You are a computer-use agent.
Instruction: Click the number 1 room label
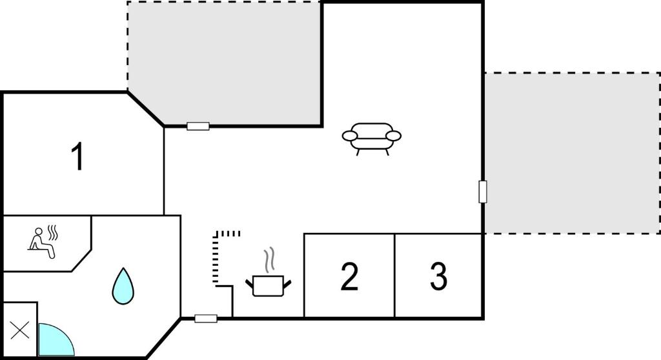(78, 156)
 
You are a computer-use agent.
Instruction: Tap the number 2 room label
(349, 277)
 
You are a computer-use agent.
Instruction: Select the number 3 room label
(438, 277)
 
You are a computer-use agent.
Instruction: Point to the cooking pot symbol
(268, 286)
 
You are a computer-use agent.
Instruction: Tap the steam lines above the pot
(269, 259)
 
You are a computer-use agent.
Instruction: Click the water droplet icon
(123, 286)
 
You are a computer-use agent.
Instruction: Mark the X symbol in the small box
(20, 330)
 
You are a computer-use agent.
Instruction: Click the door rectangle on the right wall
(483, 192)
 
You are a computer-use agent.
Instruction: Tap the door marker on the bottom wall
(206, 319)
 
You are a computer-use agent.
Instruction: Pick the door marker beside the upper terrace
(198, 126)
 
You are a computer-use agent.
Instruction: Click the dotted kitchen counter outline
(216, 257)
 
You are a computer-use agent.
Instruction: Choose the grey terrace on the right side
(572, 153)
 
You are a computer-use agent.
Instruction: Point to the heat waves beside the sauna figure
(53, 232)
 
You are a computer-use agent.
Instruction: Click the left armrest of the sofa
(350, 135)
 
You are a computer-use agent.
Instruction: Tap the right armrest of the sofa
(393, 135)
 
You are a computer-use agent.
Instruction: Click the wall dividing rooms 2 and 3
(394, 275)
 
